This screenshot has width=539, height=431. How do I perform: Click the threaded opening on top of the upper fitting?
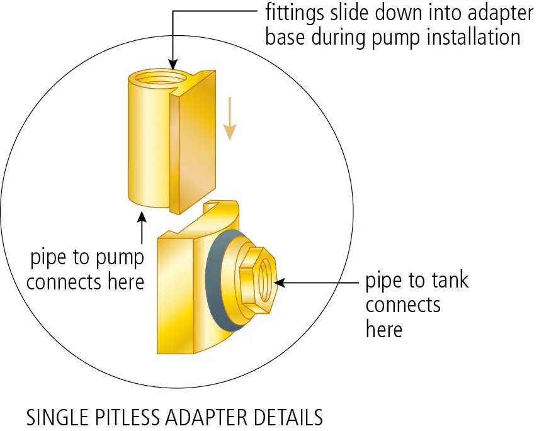[160, 79]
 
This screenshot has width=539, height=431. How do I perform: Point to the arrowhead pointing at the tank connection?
[280, 283]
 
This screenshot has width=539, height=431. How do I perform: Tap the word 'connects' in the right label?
[402, 305]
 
